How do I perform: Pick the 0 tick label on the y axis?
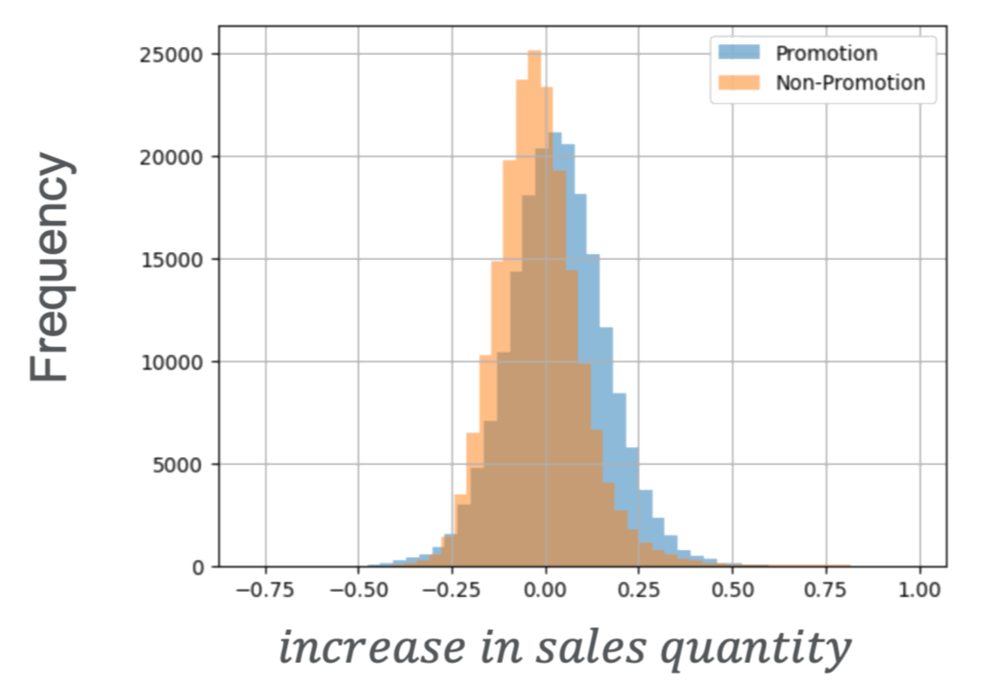click(197, 568)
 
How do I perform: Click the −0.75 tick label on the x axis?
click(264, 591)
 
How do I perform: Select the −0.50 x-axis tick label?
click(357, 591)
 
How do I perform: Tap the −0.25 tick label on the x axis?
click(451, 591)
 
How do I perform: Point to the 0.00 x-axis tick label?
click(546, 591)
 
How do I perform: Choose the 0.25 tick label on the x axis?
click(639, 591)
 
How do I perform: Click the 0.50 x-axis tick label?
click(733, 591)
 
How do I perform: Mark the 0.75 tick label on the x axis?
click(827, 591)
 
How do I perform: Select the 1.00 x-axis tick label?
click(920, 591)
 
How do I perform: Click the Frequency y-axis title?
click(50, 268)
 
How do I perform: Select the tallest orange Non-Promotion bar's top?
click(534, 51)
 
